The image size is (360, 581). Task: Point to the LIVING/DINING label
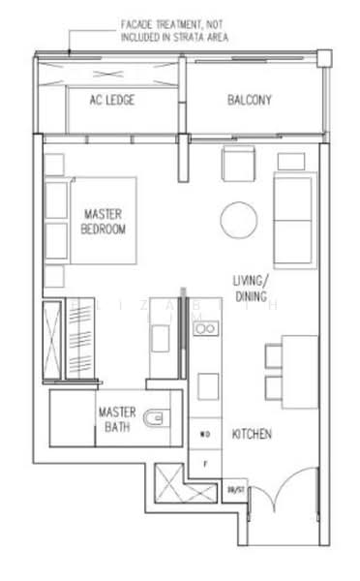click(x=253, y=288)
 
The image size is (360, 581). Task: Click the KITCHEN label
click(x=252, y=435)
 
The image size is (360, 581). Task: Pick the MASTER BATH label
click(x=117, y=419)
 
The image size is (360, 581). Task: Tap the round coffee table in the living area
click(x=237, y=220)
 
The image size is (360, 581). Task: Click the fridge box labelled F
click(x=205, y=463)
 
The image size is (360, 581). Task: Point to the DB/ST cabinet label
click(x=233, y=492)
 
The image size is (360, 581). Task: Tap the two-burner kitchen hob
click(x=205, y=331)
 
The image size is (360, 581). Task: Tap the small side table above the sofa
click(x=290, y=161)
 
